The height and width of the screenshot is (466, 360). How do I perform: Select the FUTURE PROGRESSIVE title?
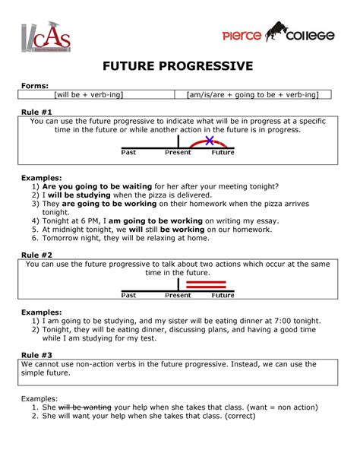(179, 67)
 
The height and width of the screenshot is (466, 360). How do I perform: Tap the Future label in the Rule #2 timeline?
(223, 294)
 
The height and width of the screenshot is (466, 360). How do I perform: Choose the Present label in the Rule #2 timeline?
(178, 294)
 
